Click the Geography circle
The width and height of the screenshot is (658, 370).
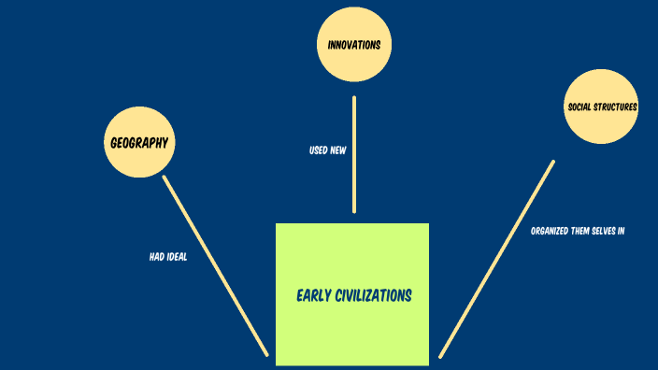point(139,143)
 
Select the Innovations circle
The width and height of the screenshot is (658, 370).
point(354,45)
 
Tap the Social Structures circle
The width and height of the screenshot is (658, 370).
point(602,107)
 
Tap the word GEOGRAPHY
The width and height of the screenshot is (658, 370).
point(139,143)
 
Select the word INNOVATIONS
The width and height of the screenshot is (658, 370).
point(354,45)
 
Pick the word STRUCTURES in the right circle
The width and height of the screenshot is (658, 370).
point(617,107)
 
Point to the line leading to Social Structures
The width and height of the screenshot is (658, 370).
point(496,259)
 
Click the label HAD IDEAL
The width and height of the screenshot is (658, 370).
point(168,256)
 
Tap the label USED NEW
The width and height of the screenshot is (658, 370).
point(328,149)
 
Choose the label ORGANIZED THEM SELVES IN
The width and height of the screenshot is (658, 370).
point(578,231)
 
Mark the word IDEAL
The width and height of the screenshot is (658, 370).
point(177,256)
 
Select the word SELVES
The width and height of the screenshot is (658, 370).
point(602,231)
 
